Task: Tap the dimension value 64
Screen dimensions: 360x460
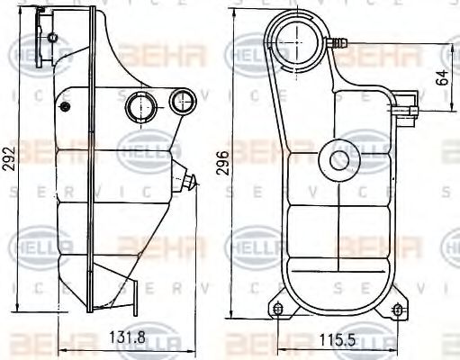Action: pyautogui.click(x=442, y=77)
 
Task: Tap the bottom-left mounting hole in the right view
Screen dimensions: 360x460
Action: pyautogui.click(x=278, y=310)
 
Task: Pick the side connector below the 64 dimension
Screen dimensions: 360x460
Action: pyautogui.click(x=410, y=111)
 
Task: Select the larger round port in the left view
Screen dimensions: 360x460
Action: pyautogui.click(x=140, y=106)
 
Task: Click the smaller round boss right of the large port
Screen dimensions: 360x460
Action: pyautogui.click(x=184, y=102)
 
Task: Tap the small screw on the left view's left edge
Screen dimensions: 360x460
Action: pyautogui.click(x=64, y=106)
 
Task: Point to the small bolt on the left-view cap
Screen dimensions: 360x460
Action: pyautogui.click(x=53, y=37)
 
